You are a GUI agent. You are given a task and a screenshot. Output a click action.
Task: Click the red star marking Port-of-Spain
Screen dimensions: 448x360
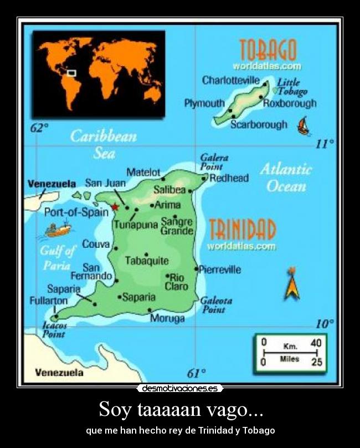[x=115, y=207]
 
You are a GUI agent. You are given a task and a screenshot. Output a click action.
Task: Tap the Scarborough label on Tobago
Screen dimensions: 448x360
[x=259, y=124]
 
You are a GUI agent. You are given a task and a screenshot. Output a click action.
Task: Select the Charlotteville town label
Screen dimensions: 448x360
[x=230, y=80]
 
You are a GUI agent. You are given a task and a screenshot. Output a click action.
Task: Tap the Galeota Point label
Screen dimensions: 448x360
[x=215, y=305]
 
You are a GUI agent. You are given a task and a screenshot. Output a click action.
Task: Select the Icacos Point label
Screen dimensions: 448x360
[x=54, y=330]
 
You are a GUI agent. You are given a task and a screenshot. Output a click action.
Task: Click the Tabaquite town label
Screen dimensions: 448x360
[x=147, y=261]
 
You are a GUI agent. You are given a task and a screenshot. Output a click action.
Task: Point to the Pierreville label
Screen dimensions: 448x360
[x=220, y=270]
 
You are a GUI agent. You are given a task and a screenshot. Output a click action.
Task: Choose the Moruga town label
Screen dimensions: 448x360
[x=167, y=319]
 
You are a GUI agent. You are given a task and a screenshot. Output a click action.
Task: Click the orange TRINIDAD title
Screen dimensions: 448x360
[x=242, y=230]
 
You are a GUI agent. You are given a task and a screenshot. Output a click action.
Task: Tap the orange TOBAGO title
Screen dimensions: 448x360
[x=268, y=50]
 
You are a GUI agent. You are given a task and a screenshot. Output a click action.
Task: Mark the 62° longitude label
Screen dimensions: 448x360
[x=39, y=128]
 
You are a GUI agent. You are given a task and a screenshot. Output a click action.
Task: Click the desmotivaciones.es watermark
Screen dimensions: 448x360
[x=180, y=389]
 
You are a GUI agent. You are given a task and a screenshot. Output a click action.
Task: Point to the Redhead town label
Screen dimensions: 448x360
[x=229, y=178]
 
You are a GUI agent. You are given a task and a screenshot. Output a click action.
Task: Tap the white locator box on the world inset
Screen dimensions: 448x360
[x=71, y=72]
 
